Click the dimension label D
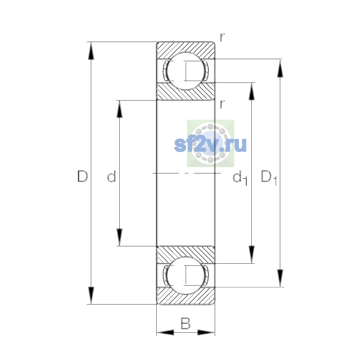click(x=82, y=176)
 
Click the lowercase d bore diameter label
click(x=112, y=176)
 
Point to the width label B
click(x=185, y=323)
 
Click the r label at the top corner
click(x=222, y=37)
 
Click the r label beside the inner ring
click(x=222, y=104)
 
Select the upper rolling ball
click(x=186, y=71)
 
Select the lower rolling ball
click(x=186, y=275)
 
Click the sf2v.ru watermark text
click(x=210, y=145)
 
